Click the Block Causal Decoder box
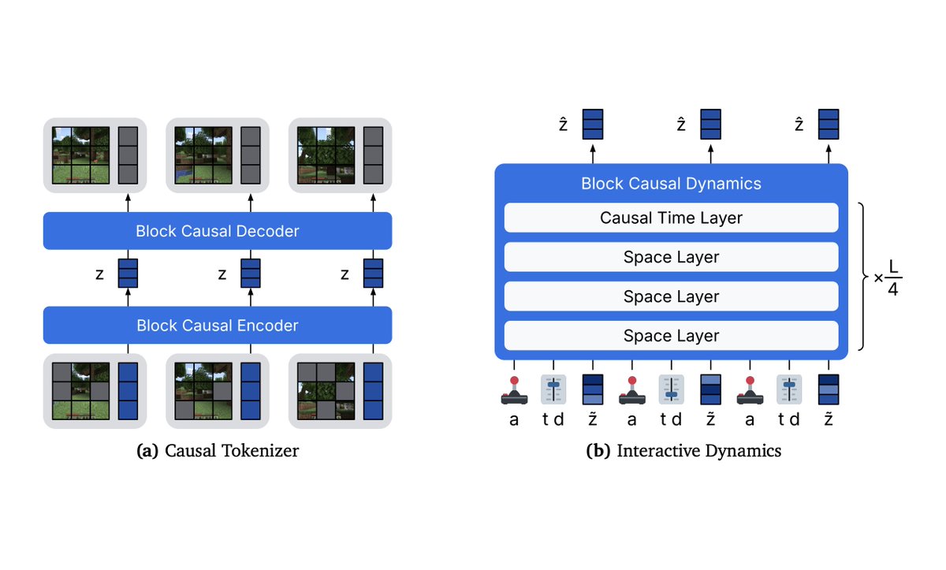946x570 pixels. tap(217, 231)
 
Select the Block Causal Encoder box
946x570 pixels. tap(217, 325)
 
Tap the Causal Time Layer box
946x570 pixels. tap(671, 218)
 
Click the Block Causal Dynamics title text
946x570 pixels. tap(671, 184)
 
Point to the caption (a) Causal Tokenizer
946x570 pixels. tap(218, 451)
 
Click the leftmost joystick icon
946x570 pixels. tap(514, 390)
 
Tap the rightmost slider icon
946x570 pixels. tap(789, 390)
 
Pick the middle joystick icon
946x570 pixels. tap(632, 390)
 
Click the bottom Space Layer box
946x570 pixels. tap(671, 336)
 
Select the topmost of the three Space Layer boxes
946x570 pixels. tap(671, 257)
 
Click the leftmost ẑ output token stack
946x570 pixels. tap(593, 125)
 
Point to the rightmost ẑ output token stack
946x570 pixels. tap(829, 125)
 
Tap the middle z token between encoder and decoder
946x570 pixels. tap(251, 274)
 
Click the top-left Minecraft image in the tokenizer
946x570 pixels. tap(80, 155)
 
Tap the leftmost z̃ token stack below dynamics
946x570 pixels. tap(593, 390)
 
